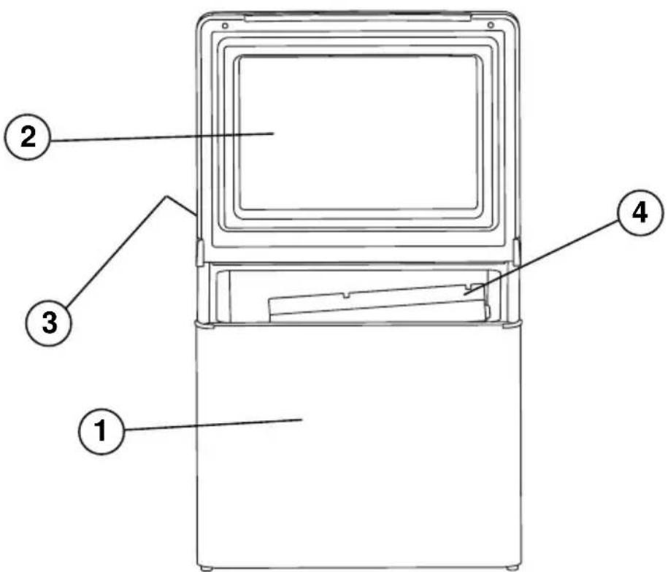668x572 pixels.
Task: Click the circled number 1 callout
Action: click(101, 430)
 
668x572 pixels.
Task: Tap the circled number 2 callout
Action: click(28, 137)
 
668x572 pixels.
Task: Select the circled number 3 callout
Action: click(49, 322)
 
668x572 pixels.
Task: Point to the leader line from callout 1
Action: click(213, 425)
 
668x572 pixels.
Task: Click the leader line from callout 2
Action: click(162, 136)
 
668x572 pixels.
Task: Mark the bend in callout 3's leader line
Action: click(166, 197)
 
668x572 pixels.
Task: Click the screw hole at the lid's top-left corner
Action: click(225, 26)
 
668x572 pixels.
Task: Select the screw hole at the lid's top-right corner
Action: click(491, 26)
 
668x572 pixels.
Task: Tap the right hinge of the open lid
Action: click(516, 252)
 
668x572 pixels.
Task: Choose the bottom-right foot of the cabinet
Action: click(512, 568)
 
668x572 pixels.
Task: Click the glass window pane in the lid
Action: click(358, 133)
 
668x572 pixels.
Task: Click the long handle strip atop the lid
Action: click(358, 18)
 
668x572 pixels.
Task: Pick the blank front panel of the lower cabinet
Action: click(358, 446)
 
